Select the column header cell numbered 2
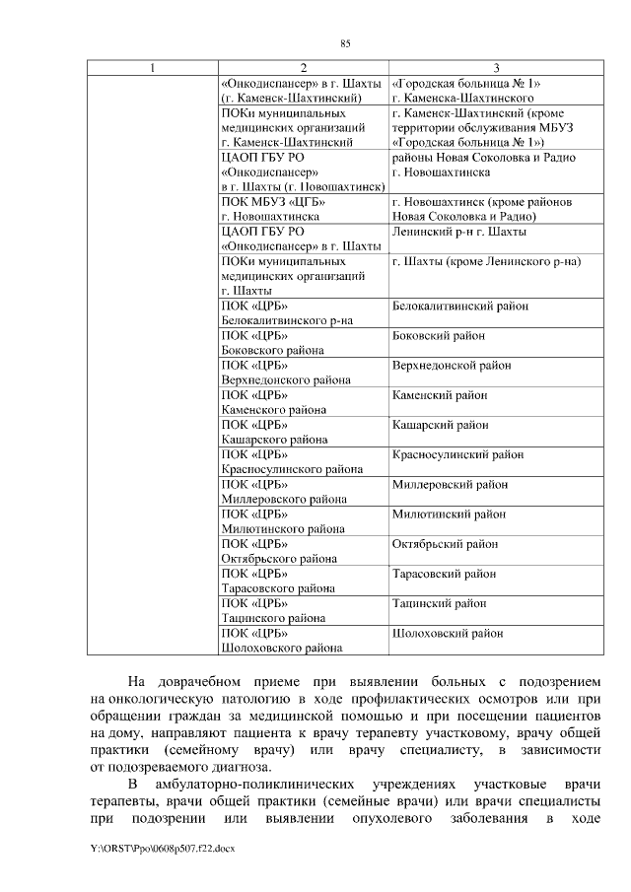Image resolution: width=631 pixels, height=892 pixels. coord(303,67)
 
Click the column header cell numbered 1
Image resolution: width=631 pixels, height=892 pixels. coord(151,67)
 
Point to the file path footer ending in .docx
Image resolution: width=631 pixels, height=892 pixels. coord(149,847)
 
